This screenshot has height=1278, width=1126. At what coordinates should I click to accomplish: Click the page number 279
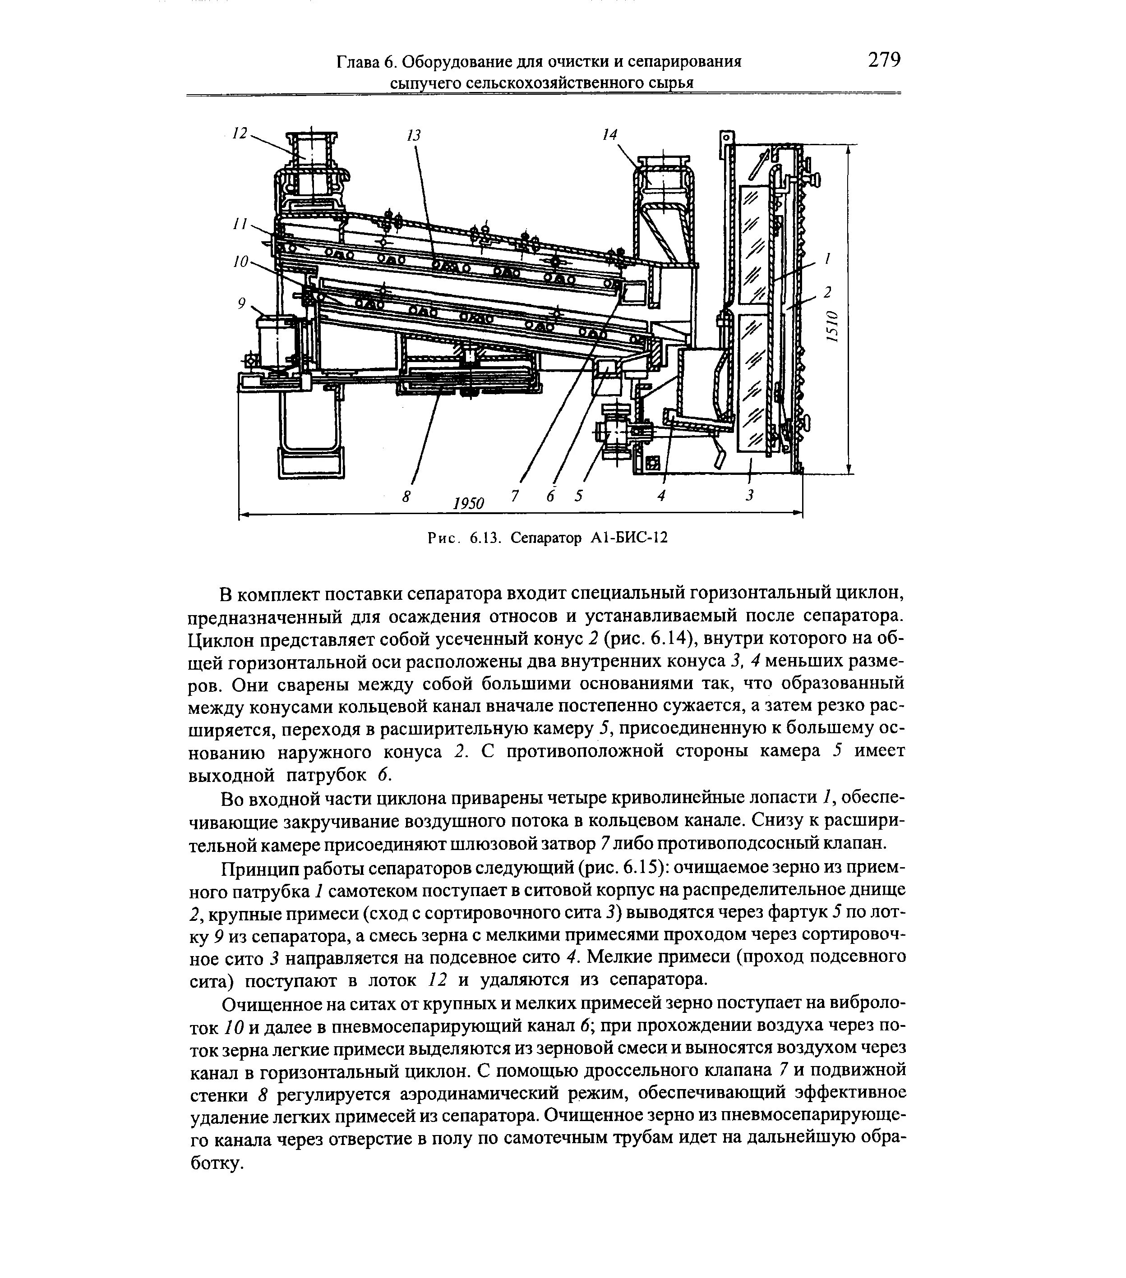(884, 60)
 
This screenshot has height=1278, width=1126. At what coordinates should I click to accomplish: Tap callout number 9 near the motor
(241, 303)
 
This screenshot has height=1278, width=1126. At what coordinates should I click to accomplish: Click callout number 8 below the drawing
(406, 496)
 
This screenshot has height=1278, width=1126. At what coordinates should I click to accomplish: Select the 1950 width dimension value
(469, 503)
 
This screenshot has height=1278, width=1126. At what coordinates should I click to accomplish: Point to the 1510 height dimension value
(831, 326)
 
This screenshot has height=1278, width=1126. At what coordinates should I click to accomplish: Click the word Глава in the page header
(359, 62)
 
